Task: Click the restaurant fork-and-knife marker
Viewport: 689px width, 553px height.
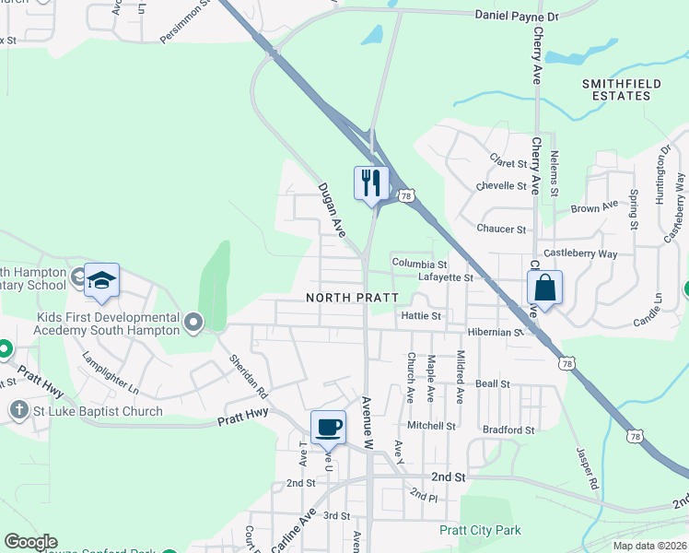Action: [371, 182]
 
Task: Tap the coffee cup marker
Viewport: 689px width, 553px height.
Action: [328, 427]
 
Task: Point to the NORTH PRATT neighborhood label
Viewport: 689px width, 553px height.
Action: [353, 298]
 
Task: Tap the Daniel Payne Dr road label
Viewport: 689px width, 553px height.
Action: [517, 16]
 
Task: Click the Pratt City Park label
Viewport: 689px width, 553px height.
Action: [480, 530]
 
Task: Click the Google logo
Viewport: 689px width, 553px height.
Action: [29, 542]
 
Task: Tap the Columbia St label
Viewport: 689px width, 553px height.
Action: [419, 264]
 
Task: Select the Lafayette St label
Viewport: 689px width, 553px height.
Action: [445, 276]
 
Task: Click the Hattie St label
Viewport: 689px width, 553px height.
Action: [423, 316]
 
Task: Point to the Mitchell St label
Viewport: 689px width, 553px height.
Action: [432, 426]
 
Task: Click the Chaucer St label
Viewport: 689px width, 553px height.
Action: [501, 229]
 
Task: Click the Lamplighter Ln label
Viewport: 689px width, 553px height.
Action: [110, 371]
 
